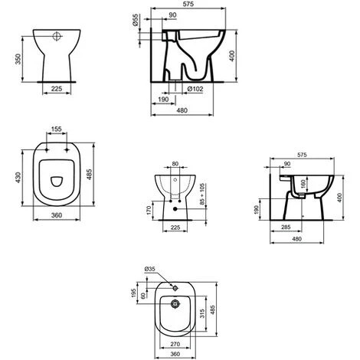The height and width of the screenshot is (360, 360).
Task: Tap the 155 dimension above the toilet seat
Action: (x=57, y=131)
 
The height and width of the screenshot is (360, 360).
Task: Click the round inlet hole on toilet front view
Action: (x=57, y=36)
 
